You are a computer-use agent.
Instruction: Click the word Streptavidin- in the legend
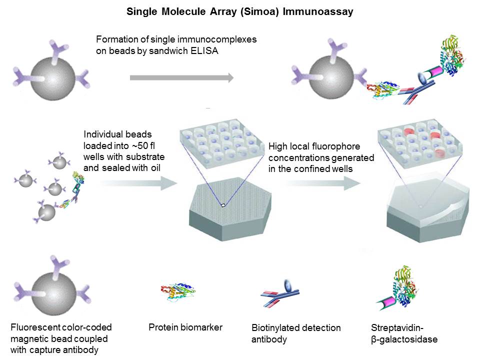click(x=396, y=328)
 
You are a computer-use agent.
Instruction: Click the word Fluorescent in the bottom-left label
click(x=34, y=328)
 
